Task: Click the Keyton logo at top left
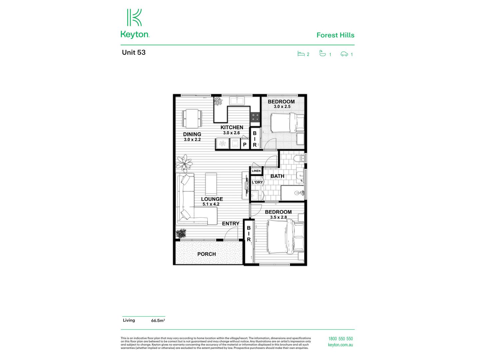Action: [x=135, y=23]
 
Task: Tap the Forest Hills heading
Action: [x=335, y=35]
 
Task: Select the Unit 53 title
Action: [x=134, y=52]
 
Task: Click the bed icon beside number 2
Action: [x=301, y=53]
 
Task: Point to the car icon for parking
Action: [x=344, y=54]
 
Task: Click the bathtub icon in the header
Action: [x=322, y=53]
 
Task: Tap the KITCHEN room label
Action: [x=232, y=127]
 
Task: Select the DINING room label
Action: [x=192, y=134]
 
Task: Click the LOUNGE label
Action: [x=212, y=199]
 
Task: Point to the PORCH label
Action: [x=206, y=254]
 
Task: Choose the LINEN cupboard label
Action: [x=256, y=171]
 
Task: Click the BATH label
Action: [x=277, y=176]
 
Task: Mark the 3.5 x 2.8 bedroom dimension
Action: [x=278, y=217]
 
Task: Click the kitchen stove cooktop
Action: [x=255, y=117]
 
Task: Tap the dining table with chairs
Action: [x=192, y=119]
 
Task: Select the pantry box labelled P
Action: [x=245, y=145]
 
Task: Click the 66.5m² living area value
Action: [x=158, y=321]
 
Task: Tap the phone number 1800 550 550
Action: [x=340, y=339]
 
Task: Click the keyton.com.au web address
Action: [x=340, y=345]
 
